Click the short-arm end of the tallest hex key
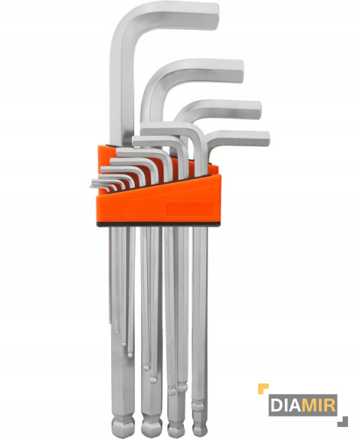[x=214, y=17]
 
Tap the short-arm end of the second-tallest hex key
[x=240, y=71]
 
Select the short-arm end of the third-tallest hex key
[x=258, y=110]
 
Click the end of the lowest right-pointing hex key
[x=266, y=139]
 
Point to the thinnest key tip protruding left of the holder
[x=91, y=185]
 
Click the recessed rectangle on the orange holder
[x=189, y=209]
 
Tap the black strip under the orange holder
[x=158, y=224]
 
